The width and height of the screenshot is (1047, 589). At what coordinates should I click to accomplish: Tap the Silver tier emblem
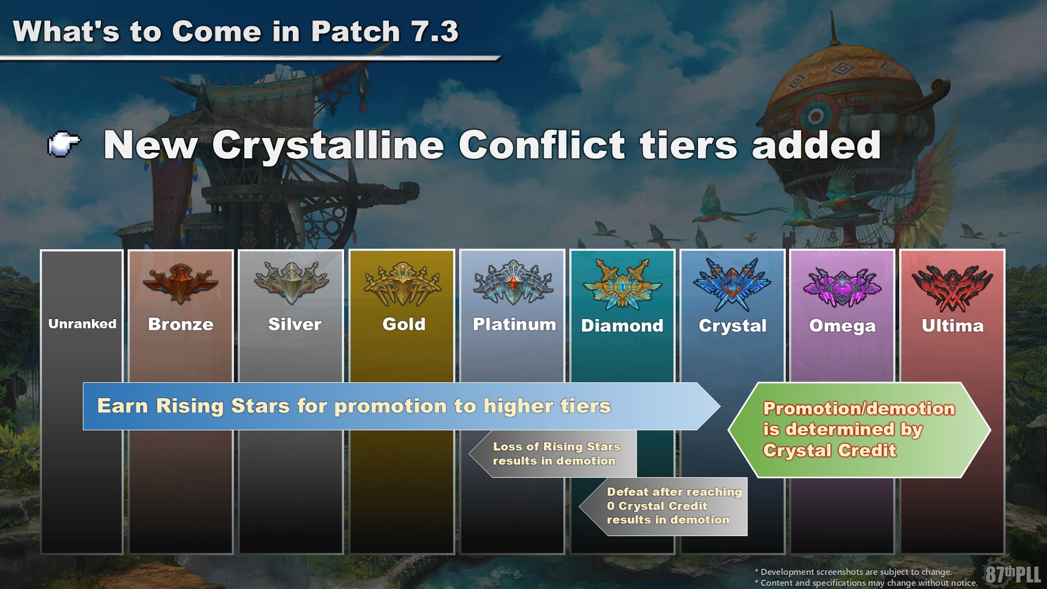click(291, 283)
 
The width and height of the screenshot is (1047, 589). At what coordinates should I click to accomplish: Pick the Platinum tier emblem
click(513, 283)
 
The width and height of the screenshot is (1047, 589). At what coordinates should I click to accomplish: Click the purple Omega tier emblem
click(843, 286)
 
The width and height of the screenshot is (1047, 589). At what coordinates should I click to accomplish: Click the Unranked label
click(82, 324)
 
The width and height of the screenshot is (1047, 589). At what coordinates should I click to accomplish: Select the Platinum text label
click(514, 324)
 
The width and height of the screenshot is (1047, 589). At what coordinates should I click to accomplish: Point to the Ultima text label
click(953, 326)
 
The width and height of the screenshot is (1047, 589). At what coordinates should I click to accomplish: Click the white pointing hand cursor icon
click(64, 145)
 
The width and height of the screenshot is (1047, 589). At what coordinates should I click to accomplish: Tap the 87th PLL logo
click(1013, 574)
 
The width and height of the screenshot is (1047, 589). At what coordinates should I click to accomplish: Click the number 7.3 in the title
click(435, 31)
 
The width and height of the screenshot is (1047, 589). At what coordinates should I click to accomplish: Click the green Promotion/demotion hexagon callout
click(859, 430)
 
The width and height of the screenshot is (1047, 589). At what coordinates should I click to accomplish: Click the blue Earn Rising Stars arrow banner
click(401, 406)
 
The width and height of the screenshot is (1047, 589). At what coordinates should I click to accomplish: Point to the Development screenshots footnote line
click(853, 572)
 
